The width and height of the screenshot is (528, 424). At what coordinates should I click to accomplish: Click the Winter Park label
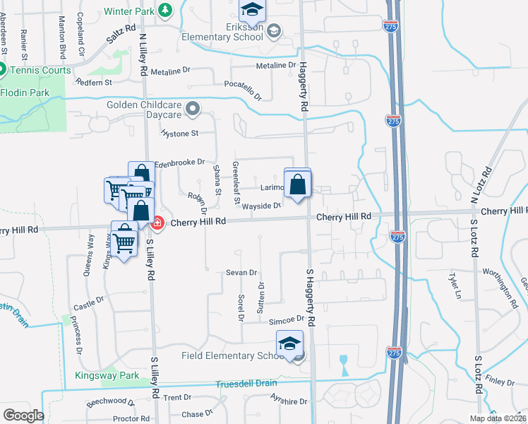pyautogui.click(x=129, y=11)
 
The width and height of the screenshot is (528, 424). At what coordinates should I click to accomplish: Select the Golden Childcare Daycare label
pyautogui.click(x=145, y=110)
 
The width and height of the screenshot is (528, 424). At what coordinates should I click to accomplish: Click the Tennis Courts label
pyautogui.click(x=40, y=70)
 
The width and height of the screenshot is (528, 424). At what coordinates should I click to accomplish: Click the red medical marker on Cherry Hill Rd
pyautogui.click(x=157, y=223)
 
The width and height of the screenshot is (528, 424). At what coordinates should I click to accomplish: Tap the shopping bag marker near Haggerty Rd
pyautogui.click(x=298, y=184)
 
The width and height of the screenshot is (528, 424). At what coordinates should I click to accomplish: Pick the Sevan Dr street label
pyautogui.click(x=241, y=272)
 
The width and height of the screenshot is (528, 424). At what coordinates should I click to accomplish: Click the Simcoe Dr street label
pyautogui.click(x=286, y=321)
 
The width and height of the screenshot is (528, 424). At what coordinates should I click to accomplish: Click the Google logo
pyautogui.click(x=23, y=415)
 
